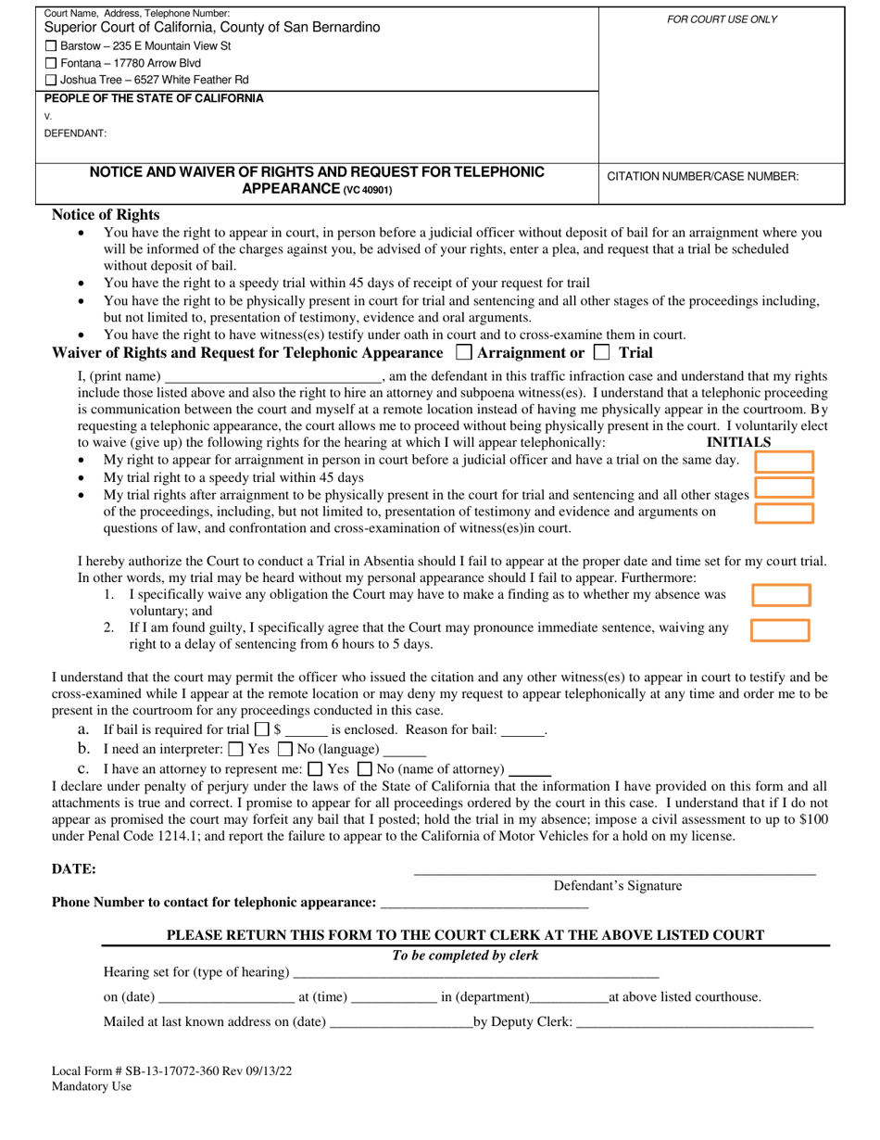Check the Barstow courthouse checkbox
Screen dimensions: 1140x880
point(51,46)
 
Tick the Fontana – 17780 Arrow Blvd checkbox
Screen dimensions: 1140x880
point(51,63)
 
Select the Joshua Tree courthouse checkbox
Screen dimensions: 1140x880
point(51,81)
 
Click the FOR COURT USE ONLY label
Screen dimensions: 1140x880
point(722,19)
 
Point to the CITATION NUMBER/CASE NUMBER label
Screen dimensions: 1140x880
point(702,176)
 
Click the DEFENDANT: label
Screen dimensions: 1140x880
point(75,133)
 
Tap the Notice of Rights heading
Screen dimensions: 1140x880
point(106,214)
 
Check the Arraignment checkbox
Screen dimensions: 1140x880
point(465,352)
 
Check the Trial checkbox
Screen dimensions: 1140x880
point(602,352)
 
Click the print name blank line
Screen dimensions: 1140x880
point(272,377)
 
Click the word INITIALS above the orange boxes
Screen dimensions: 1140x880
point(739,443)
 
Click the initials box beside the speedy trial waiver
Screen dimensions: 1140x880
point(785,487)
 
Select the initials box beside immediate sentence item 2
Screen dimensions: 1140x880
point(780,630)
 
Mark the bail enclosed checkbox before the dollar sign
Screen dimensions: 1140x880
point(262,729)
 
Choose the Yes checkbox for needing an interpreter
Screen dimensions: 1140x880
point(235,749)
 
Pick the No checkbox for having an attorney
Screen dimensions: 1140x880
point(364,768)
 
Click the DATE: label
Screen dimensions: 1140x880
point(74,869)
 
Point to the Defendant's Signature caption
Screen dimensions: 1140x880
point(617,886)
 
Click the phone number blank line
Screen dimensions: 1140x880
point(484,904)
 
